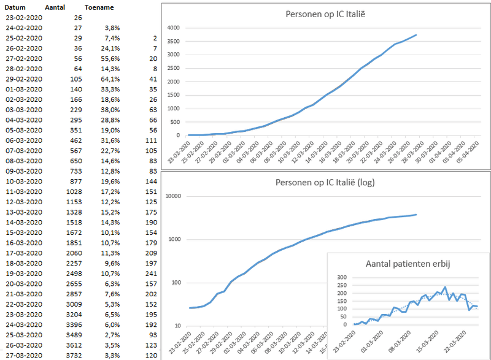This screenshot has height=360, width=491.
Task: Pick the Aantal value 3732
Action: pos(72,355)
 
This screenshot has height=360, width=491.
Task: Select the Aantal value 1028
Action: pos(72,191)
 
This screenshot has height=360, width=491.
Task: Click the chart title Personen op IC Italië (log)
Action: pos(325,182)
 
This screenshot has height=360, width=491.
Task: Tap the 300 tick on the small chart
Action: pos(341,277)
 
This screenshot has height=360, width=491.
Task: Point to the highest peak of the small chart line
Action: pos(445,287)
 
